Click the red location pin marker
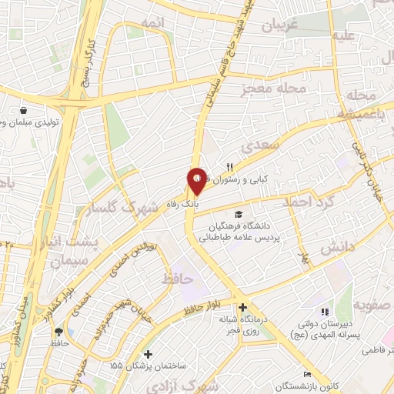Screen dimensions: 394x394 pos(196,182)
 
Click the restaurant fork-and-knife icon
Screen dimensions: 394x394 pos(229,167)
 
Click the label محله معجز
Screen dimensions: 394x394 pos(276,88)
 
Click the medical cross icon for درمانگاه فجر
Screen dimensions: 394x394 pos(242,307)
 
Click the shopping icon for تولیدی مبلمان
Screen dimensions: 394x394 pos(24,110)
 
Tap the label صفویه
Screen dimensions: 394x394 pos(368,304)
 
